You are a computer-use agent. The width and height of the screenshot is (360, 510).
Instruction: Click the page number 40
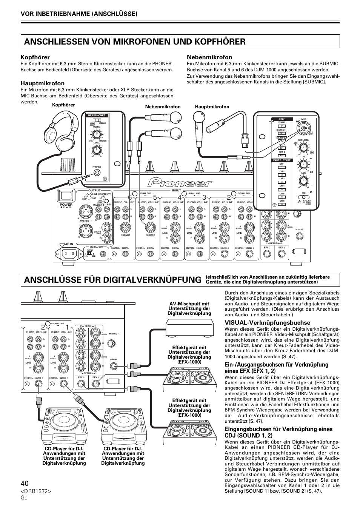pyautogui.click(x=25, y=483)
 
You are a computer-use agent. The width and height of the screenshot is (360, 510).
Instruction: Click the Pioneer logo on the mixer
pyautogui.click(x=180, y=183)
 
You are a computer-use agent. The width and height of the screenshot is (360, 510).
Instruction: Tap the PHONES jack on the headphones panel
pyautogui.click(x=97, y=173)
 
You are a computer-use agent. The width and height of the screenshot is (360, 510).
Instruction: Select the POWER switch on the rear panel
pyautogui.click(x=66, y=196)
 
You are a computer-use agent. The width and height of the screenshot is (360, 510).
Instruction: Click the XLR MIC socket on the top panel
pyautogui.click(x=303, y=129)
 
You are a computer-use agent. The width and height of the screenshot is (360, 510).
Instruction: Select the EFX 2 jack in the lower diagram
pyautogui.click(x=81, y=384)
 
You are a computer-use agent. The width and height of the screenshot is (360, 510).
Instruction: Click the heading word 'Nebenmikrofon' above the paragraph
pyautogui.click(x=209, y=57)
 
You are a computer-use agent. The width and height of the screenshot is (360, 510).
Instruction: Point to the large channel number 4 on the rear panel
pyautogui.click(x=179, y=197)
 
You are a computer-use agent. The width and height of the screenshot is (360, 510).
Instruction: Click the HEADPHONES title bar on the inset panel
pyautogui.click(x=97, y=116)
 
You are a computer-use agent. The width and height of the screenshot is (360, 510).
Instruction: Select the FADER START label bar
pyautogui.click(x=282, y=160)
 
